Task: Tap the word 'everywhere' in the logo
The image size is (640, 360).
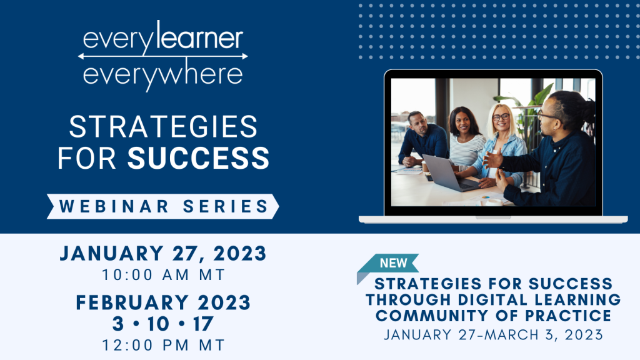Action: (x=162, y=74)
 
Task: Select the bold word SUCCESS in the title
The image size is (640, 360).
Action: (x=199, y=158)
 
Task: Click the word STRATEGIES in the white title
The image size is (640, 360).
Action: (x=163, y=127)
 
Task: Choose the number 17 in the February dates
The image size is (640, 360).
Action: (x=203, y=324)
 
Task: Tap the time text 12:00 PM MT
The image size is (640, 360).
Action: (x=162, y=344)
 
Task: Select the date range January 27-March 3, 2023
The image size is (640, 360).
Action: (x=493, y=334)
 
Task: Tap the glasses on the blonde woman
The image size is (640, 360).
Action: (x=501, y=117)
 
